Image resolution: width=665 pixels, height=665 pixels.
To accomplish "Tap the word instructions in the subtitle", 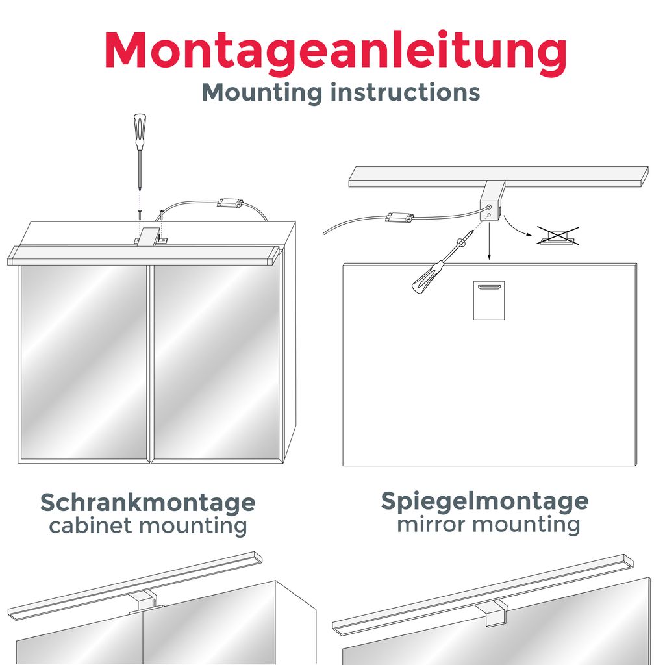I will [x=405, y=92].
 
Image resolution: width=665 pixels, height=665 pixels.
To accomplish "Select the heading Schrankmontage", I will [x=148, y=503].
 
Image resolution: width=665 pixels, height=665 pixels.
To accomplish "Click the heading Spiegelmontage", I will [x=484, y=501].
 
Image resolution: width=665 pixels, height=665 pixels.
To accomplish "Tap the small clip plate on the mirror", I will [x=488, y=301].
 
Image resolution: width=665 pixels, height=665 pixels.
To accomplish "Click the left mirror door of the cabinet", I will [x=83, y=362].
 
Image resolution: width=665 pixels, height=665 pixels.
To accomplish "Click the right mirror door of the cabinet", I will [x=216, y=362].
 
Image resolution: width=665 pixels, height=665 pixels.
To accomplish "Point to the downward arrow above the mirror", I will [x=488, y=244].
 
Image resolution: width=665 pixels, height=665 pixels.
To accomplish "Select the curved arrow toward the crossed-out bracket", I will [x=516, y=227].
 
